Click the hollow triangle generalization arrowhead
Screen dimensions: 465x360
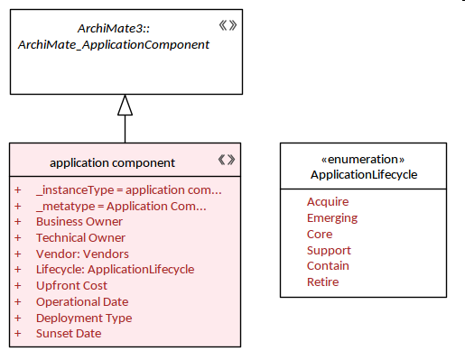[125, 106]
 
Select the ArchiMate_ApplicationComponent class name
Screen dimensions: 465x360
[114, 44]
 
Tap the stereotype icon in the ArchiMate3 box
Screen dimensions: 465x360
[228, 25]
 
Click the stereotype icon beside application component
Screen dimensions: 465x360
[227, 160]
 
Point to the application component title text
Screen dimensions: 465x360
[112, 162]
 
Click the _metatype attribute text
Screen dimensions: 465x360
[121, 207]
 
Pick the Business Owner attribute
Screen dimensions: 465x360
[79, 222]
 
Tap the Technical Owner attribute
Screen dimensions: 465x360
[80, 238]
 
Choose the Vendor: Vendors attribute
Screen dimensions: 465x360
[82, 254]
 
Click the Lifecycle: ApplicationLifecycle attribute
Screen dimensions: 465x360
[115, 270]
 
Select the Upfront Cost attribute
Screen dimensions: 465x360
[71, 285]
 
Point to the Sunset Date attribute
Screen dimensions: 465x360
[69, 334]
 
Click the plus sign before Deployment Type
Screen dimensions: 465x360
[18, 318]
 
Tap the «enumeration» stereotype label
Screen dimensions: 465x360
[363, 159]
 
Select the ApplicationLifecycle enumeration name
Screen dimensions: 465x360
[364, 175]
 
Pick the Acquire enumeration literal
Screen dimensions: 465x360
[328, 201]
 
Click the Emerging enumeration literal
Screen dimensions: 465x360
[332, 218]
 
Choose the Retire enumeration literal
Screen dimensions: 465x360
[322, 282]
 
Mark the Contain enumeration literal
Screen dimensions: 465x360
[328, 266]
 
